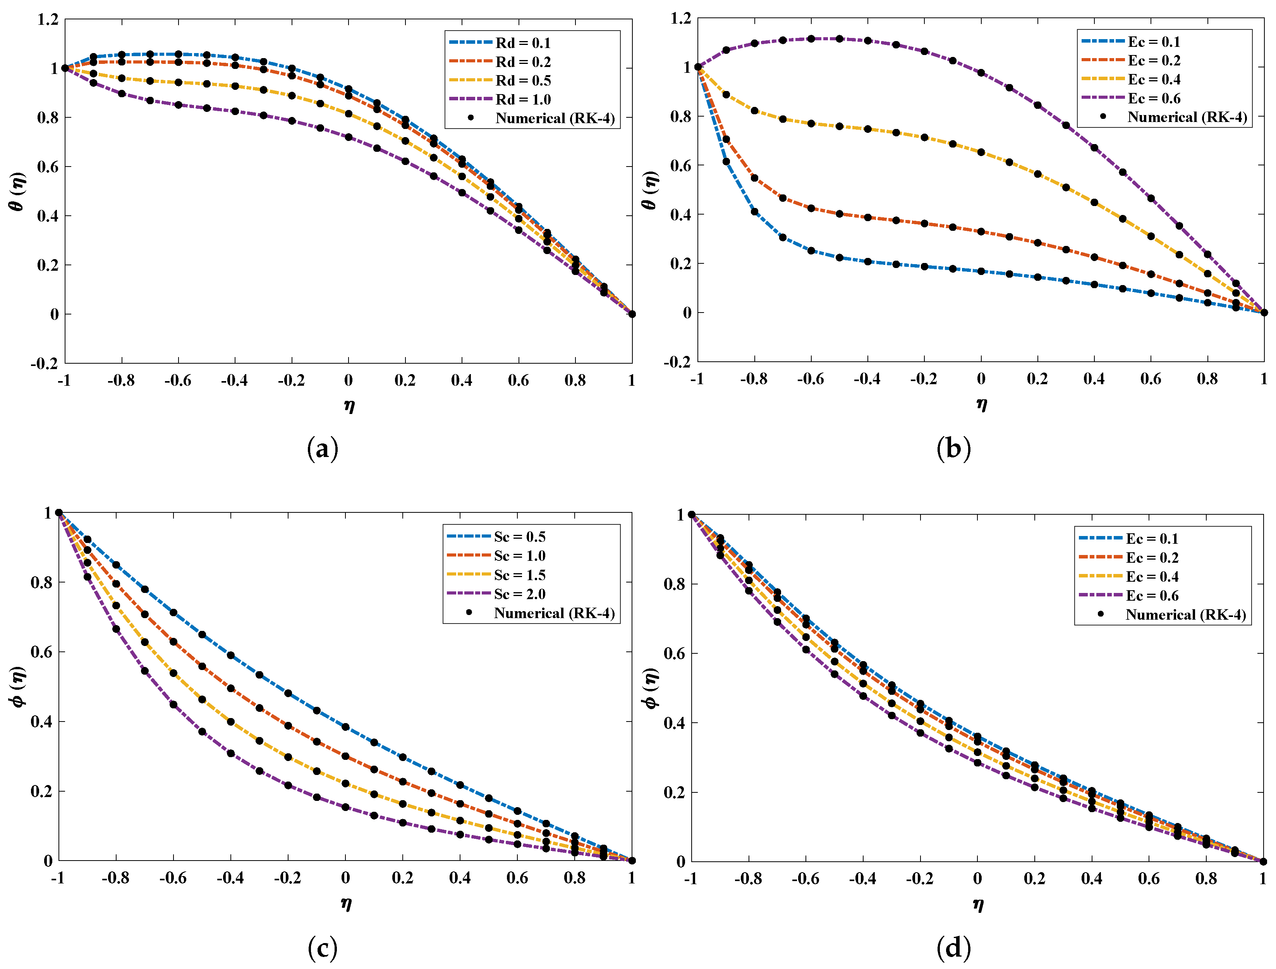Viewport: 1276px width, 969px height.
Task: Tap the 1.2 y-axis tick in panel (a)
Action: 48,20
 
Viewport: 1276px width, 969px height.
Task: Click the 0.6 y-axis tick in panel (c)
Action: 41,652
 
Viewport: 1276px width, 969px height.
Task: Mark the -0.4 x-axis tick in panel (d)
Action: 862,878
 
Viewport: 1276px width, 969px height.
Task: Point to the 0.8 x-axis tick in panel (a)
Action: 575,380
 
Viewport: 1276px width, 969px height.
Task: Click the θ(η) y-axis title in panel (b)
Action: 650,190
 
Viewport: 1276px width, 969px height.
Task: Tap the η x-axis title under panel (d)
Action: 978,904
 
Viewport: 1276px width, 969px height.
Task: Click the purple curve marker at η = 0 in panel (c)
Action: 345,807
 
